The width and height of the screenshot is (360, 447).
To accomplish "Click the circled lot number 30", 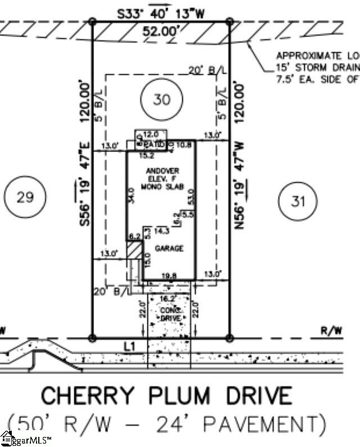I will pos(161,100).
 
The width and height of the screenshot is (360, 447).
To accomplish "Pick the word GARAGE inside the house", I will pos(169,248).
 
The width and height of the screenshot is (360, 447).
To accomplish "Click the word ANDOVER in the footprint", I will pos(162,170).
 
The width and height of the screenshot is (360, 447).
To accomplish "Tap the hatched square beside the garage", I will pos(133,250).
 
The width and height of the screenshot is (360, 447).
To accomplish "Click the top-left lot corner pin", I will pos(92,22).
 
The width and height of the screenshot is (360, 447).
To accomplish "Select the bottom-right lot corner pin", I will pos(229,338).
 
